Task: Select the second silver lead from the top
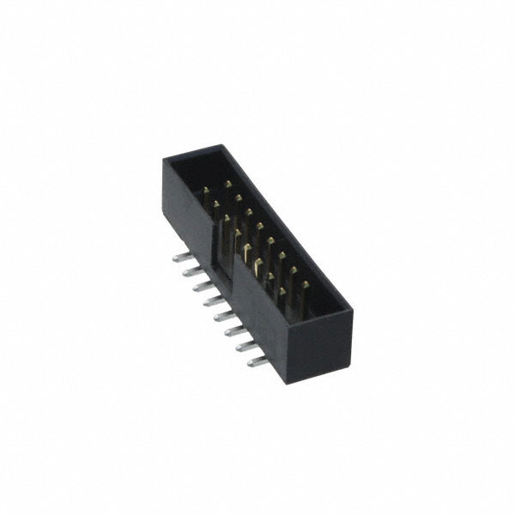coord(188,271)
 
